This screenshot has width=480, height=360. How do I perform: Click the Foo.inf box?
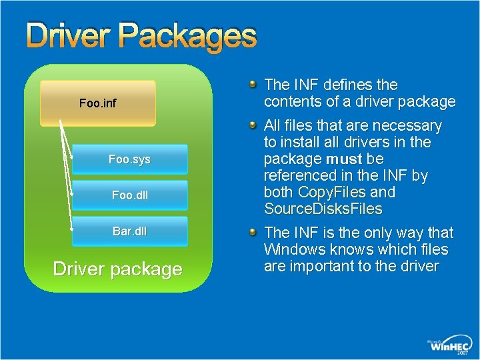(97, 103)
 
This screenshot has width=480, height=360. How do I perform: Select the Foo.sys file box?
(129, 160)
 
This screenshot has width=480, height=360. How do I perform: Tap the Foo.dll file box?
(129, 196)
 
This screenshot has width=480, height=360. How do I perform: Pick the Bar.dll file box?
(129, 231)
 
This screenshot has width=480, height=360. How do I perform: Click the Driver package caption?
(117, 269)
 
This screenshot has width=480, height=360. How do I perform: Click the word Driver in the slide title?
(63, 36)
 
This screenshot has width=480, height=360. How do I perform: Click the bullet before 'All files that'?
(253, 125)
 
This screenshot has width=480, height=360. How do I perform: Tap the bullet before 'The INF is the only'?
(253, 232)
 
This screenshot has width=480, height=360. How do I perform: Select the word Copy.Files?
(332, 193)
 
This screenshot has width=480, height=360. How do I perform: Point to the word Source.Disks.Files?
(323, 209)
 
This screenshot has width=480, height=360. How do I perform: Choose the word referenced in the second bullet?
(299, 176)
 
